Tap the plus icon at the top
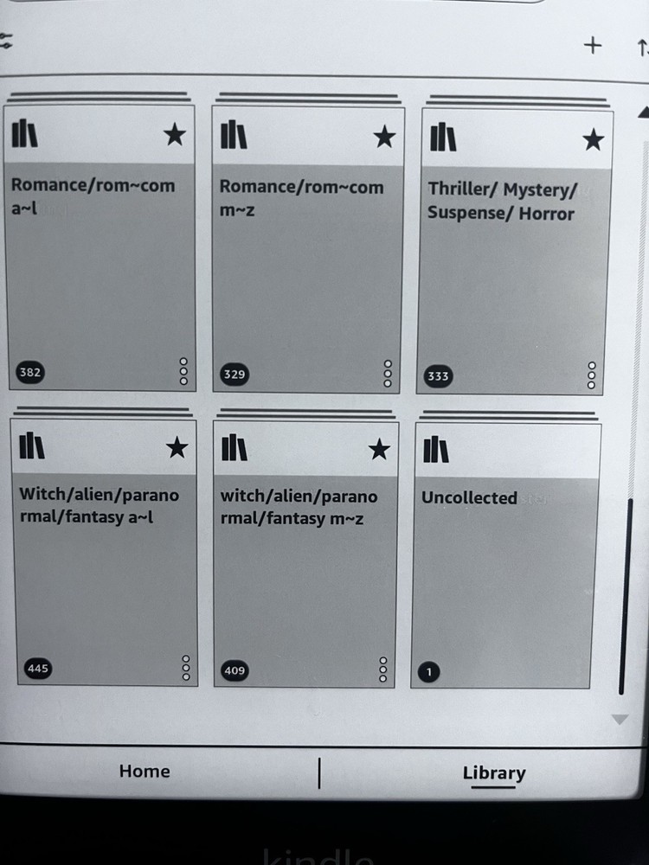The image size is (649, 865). [593, 45]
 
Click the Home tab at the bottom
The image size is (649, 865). [145, 771]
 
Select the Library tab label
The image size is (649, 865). [494, 772]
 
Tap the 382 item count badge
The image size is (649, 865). [30, 372]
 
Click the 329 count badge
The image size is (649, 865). [234, 374]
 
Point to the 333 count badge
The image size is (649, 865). [438, 376]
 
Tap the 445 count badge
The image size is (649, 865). [37, 669]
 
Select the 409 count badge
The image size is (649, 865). [235, 671]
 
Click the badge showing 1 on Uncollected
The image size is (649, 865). [429, 672]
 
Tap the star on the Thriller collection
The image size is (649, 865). [594, 139]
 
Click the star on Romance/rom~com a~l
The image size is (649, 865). [175, 135]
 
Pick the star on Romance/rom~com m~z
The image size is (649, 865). [384, 137]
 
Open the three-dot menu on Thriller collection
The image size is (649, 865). [592, 375]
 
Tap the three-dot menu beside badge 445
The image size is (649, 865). [186, 668]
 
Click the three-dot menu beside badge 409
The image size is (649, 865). [383, 670]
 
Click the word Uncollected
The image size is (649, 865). [469, 497]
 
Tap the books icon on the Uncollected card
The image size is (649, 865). [436, 449]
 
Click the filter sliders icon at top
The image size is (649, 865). [5, 41]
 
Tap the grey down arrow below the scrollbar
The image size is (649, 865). [620, 720]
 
